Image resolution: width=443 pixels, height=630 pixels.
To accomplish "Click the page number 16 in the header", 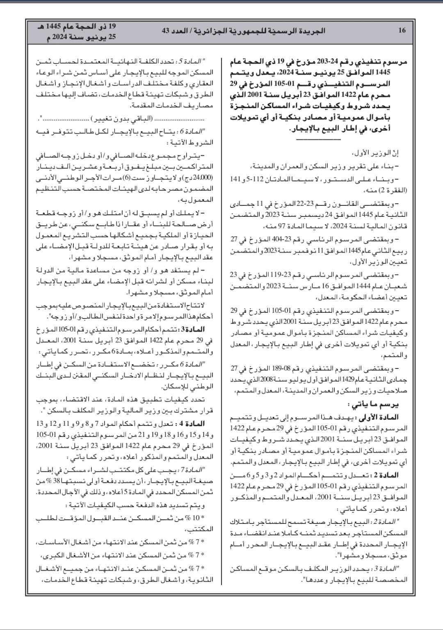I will point(402,30).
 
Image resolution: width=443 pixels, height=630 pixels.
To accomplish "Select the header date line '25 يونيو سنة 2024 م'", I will point(76,37).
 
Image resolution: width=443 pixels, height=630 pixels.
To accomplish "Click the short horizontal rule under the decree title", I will point(313,139).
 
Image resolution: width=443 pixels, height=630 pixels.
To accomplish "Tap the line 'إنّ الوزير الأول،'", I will point(376,154).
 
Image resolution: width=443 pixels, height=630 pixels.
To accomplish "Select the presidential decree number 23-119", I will point(292,275).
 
